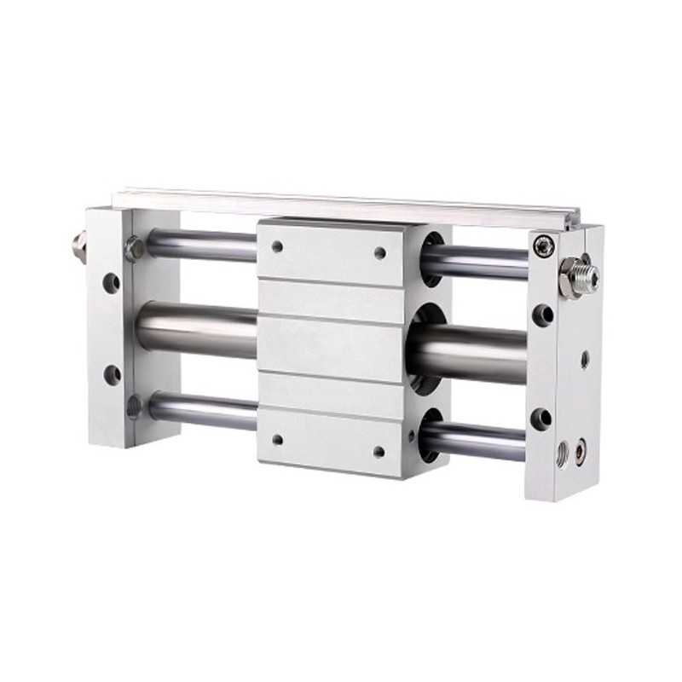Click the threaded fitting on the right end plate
coord(580,275)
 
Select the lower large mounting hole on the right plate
coord(540,417)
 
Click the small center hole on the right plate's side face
coord(585,359)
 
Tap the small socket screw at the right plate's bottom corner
coord(582,443)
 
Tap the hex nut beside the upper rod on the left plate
coord(133,248)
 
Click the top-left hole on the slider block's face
coord(276,246)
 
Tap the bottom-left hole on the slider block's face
coord(276,440)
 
